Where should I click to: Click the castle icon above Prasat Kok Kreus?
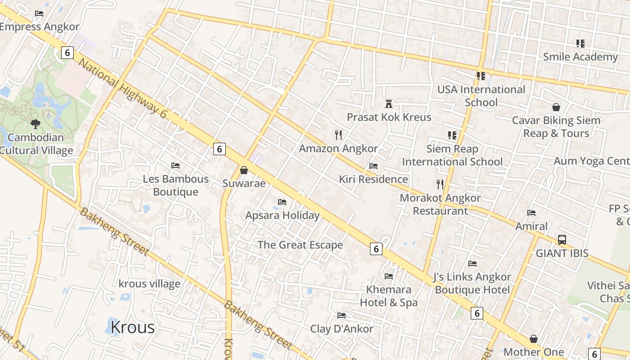[x=389, y=104]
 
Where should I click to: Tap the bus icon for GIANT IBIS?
[x=562, y=240]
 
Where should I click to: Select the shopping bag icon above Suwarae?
[x=243, y=170]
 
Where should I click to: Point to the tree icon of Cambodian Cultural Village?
[x=36, y=124]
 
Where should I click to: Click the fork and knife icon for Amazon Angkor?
[x=338, y=135]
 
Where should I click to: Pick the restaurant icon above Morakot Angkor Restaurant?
[x=440, y=184]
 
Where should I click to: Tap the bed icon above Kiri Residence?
[x=373, y=166]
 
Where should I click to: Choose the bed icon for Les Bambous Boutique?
[x=175, y=166]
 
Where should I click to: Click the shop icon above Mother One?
[x=533, y=338]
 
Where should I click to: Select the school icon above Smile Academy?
[x=580, y=44]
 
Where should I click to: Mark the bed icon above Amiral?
[x=531, y=213]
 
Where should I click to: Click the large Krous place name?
[x=132, y=327]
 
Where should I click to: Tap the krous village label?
[x=149, y=283]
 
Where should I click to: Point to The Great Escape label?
[x=300, y=245]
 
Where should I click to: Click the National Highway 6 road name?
[x=122, y=88]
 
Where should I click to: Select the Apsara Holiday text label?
[x=282, y=215]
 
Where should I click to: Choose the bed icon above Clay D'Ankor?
[x=342, y=315]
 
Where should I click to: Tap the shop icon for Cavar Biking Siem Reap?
[x=556, y=107]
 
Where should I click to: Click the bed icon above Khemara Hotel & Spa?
[x=389, y=276]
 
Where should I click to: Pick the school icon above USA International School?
[x=481, y=76]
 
